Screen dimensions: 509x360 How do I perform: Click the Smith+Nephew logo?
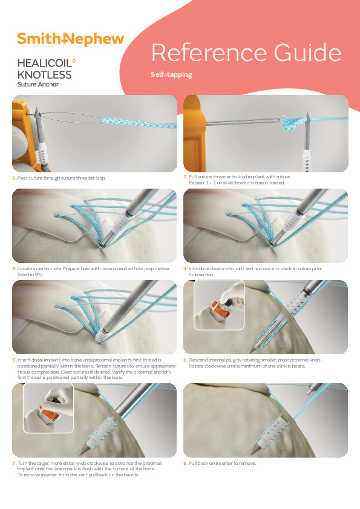point(70,39)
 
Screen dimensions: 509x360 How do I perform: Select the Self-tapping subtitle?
point(171,75)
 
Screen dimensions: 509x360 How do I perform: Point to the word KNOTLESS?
point(44,75)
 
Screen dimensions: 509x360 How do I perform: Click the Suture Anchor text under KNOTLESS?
point(39,85)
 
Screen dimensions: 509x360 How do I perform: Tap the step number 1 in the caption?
point(13,178)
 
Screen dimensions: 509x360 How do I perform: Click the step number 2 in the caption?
point(185,177)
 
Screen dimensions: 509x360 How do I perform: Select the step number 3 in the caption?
point(13,268)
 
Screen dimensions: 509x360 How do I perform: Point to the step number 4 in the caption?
point(185,268)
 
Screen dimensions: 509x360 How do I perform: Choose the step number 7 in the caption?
point(13,463)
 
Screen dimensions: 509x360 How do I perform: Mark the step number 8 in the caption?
point(185,463)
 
